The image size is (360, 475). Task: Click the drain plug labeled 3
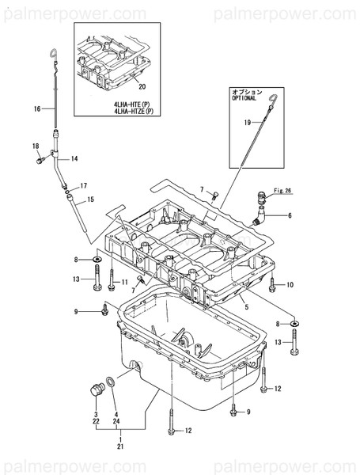(97, 389)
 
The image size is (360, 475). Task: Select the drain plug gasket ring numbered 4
(111, 382)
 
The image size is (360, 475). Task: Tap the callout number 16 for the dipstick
(37, 108)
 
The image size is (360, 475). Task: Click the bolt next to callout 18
(40, 160)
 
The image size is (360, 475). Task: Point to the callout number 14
(74, 158)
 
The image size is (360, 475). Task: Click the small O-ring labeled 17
(67, 191)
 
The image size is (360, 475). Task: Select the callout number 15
(90, 199)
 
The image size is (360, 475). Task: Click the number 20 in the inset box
(142, 86)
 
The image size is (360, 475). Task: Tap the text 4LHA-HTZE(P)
(134, 111)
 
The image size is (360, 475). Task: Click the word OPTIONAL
(244, 98)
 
